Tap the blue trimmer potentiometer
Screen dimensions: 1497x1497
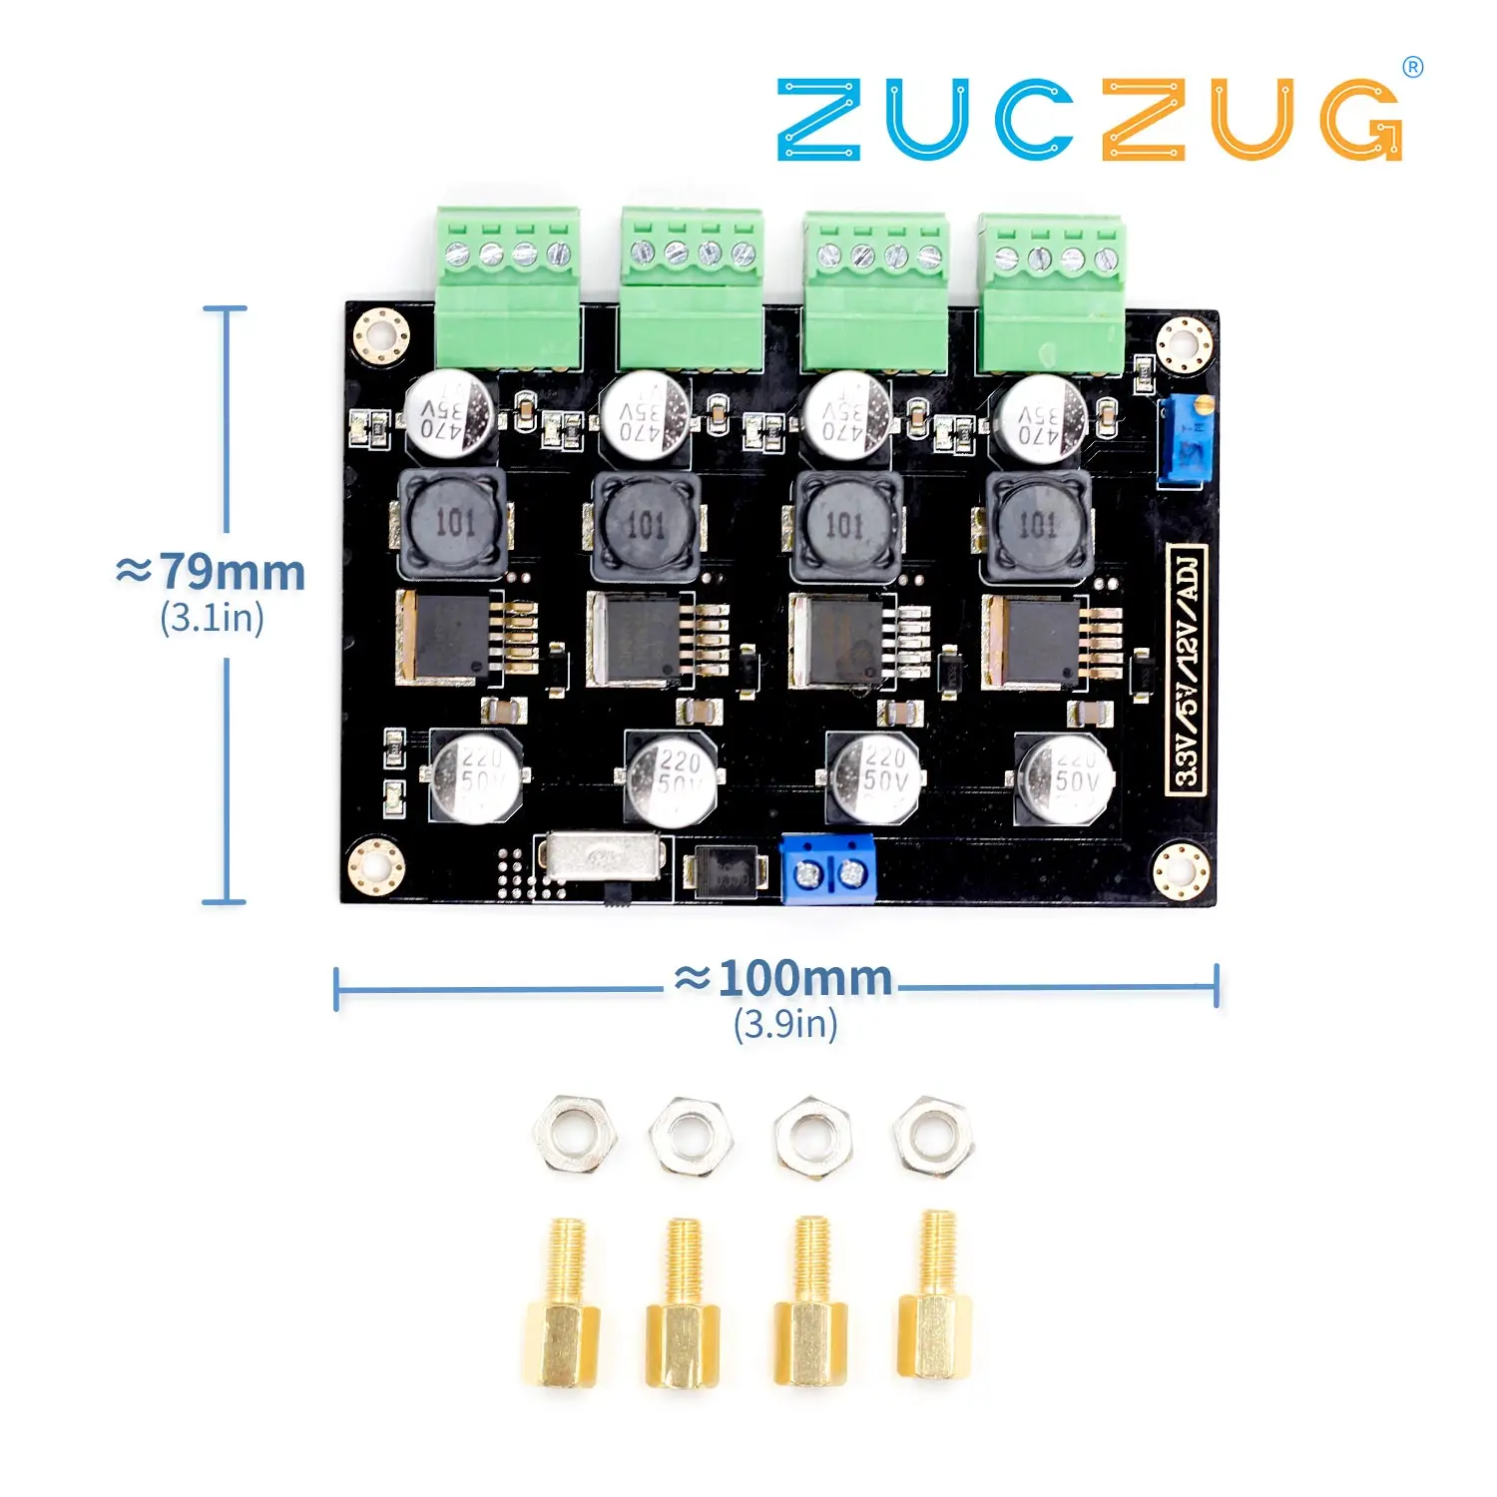(x=1185, y=440)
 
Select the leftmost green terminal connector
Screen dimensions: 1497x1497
(x=508, y=288)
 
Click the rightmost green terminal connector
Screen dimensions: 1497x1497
(x=1052, y=293)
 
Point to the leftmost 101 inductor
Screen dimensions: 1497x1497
(x=452, y=524)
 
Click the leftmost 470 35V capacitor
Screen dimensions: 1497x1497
(x=449, y=415)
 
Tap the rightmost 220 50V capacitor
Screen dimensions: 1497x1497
(x=1064, y=778)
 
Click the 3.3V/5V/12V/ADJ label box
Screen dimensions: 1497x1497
(x=1187, y=669)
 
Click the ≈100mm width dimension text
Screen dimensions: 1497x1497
(x=784, y=979)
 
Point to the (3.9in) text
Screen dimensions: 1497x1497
(x=785, y=1024)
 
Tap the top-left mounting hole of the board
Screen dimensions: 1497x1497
(x=381, y=335)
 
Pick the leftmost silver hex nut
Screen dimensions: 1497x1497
(x=574, y=1135)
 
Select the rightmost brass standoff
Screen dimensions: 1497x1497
(x=935, y=1297)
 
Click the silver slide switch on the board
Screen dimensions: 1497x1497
(x=601, y=857)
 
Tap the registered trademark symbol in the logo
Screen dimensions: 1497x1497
(x=1412, y=68)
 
